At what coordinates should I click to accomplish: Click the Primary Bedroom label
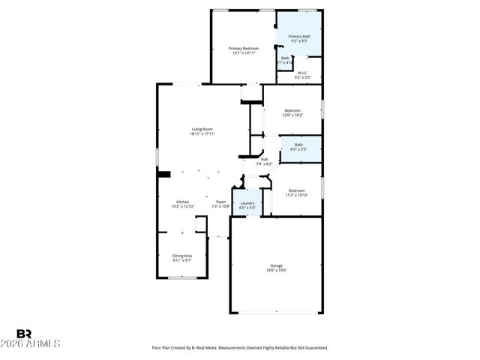click(x=244, y=48)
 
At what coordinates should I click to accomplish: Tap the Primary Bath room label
click(x=299, y=35)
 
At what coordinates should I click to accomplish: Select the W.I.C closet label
click(x=302, y=73)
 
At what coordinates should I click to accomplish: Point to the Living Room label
click(x=202, y=129)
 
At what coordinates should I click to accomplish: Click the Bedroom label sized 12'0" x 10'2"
click(x=292, y=110)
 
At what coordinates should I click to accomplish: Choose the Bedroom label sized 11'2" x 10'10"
click(x=297, y=190)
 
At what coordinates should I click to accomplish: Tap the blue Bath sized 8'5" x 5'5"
click(x=299, y=147)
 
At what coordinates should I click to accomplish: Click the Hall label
click(x=264, y=158)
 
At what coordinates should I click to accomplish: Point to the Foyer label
click(x=220, y=202)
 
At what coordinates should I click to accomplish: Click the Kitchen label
click(x=182, y=202)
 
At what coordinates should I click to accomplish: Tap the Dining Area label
click(x=182, y=256)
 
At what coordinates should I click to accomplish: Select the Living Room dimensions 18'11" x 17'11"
click(x=202, y=134)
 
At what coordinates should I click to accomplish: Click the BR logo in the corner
click(x=24, y=333)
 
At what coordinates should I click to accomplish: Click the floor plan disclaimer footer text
click(x=240, y=348)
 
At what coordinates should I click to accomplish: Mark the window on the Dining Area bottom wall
click(x=181, y=278)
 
